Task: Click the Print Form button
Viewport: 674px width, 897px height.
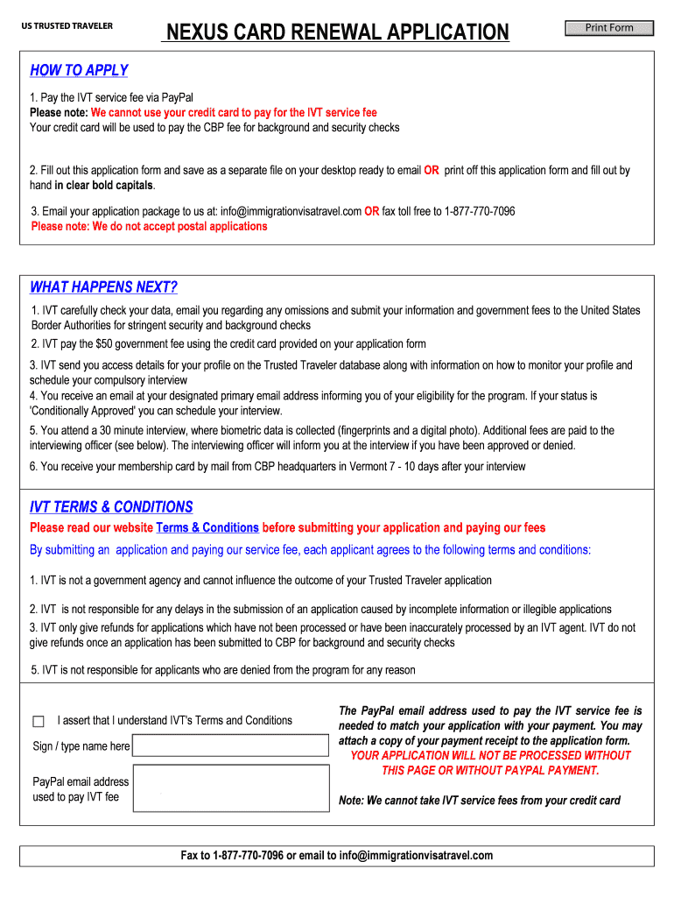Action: [609, 28]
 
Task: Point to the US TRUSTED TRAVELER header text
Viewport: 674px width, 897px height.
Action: [67, 25]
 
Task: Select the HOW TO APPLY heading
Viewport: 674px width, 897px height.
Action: [79, 70]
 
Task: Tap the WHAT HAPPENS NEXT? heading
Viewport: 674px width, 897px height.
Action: [103, 287]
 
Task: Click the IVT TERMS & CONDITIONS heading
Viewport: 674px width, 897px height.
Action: [111, 507]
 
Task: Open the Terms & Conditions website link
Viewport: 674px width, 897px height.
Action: [207, 528]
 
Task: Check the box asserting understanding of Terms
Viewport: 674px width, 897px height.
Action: [38, 722]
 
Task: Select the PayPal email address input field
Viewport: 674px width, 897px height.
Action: [232, 788]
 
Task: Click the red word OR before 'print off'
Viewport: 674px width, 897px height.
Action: [432, 171]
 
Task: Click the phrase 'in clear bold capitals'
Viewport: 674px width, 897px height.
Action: [104, 186]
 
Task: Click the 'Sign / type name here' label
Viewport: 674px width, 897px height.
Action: [81, 746]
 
